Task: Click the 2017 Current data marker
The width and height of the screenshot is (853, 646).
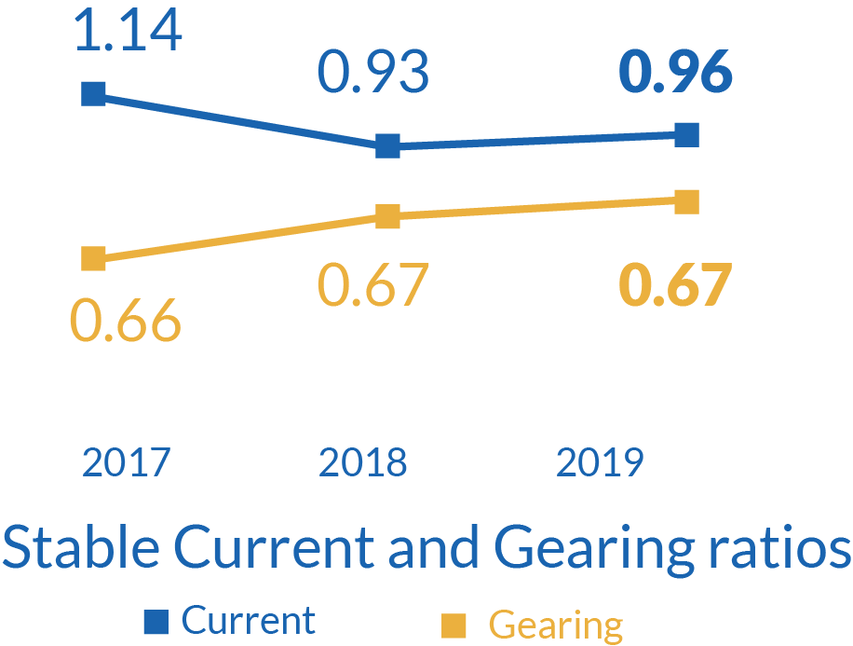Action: click(94, 93)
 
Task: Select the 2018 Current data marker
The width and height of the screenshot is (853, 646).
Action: click(388, 145)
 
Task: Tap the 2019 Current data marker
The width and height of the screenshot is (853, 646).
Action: click(686, 135)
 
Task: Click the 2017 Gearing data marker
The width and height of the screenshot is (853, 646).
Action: click(94, 258)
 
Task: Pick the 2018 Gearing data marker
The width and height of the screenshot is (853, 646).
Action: click(388, 217)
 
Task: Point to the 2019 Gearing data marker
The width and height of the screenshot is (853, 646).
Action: click(686, 201)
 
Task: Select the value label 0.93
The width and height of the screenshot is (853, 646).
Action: click(373, 73)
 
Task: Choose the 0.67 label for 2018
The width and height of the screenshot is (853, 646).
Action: click(373, 284)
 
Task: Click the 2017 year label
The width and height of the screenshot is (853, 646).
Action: click(126, 461)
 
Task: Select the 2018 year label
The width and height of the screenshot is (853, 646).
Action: click(363, 461)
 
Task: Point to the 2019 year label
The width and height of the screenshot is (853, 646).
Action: click(600, 461)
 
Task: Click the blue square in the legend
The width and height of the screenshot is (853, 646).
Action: click(156, 620)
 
